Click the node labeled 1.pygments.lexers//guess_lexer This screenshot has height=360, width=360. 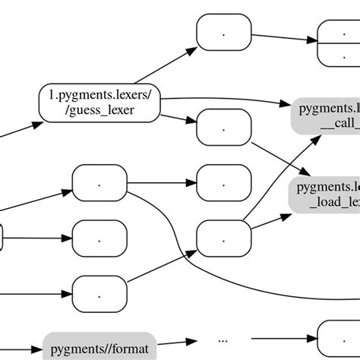coord(99,103)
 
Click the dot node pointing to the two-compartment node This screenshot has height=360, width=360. coord(223,33)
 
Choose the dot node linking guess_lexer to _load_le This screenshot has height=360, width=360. coord(223,128)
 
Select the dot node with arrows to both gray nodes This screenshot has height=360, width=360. coord(223,237)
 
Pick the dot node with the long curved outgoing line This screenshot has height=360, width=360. coord(99,182)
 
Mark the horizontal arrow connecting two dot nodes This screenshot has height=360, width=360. coord(161,182)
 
